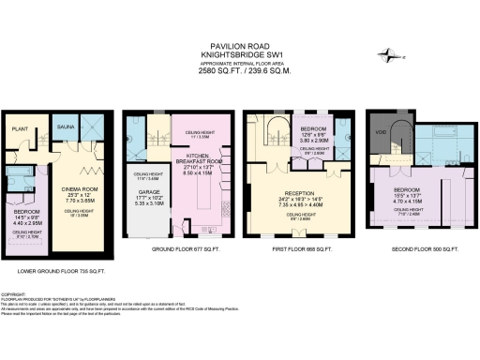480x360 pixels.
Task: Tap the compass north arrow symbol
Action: pyautogui.click(x=389, y=56)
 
